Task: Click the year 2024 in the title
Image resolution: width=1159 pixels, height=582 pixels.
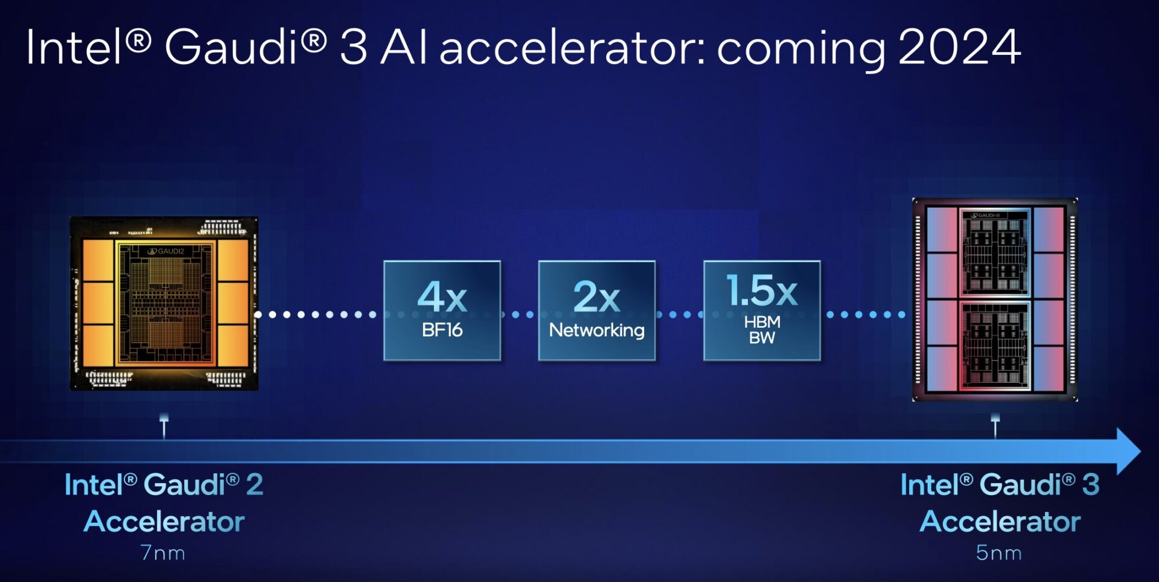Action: (959, 47)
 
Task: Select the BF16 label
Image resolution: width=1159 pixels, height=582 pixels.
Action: (442, 330)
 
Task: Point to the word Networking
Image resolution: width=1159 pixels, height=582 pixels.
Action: (596, 330)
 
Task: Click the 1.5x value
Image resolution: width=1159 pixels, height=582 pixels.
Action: (762, 290)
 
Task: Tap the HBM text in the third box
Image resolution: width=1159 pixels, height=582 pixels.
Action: (762, 322)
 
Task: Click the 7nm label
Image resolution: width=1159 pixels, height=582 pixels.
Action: (163, 552)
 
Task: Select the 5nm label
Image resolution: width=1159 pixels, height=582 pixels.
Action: (999, 552)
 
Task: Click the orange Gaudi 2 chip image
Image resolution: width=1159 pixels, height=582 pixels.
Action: (164, 303)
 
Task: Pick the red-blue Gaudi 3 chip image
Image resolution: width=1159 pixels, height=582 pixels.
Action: (995, 299)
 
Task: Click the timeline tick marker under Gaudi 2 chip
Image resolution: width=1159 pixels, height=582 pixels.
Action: (164, 425)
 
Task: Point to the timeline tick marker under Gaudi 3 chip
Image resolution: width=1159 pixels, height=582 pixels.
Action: (995, 425)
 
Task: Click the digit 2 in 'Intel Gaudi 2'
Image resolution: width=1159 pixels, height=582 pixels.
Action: (255, 485)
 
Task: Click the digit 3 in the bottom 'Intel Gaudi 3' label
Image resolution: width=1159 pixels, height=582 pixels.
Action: (1090, 485)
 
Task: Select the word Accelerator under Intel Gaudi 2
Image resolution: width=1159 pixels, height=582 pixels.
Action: (164, 522)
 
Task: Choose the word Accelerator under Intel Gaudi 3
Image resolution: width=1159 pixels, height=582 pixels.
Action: (1000, 522)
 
